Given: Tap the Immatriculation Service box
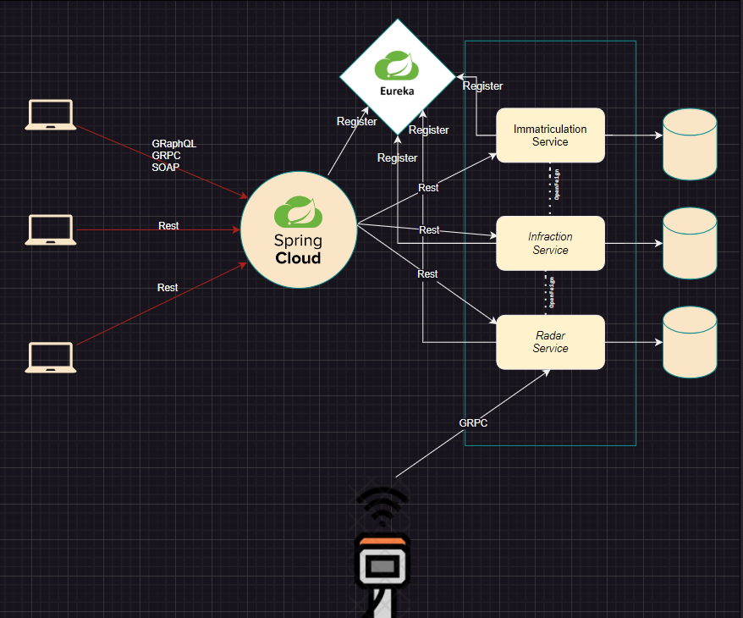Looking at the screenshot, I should [x=550, y=135].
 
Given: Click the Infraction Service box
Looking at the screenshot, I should [x=550, y=243].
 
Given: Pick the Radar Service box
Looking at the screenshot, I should [x=550, y=342].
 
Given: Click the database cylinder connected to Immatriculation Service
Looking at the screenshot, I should [x=690, y=143].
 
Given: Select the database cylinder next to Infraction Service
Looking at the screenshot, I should [x=690, y=243].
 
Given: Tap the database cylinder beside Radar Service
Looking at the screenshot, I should [x=690, y=342].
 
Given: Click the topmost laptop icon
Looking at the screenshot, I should [x=50, y=115].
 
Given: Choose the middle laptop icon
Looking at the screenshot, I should [x=50, y=229].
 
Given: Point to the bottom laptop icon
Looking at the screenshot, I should [x=50, y=357].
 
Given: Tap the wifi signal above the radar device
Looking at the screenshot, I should [x=382, y=505].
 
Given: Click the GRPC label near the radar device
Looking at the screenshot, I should [x=473, y=422].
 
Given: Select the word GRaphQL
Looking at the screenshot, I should [x=173, y=144].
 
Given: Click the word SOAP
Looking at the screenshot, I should [x=166, y=168].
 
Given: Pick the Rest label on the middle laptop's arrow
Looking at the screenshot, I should [x=168, y=226].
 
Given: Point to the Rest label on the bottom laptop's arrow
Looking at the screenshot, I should [x=168, y=288].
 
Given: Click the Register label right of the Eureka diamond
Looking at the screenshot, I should [x=482, y=86].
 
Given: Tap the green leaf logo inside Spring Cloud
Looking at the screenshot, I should [x=297, y=209].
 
